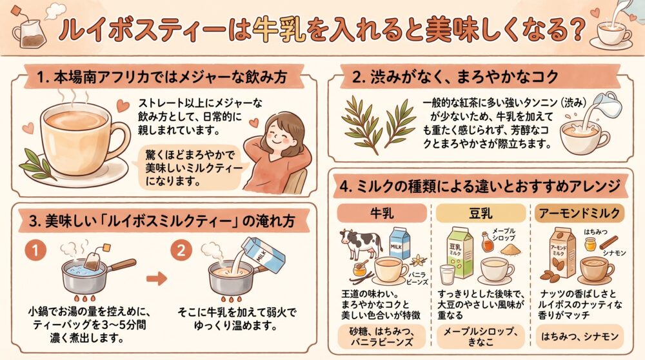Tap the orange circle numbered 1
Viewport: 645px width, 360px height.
[35, 250]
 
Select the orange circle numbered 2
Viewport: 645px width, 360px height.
[181, 250]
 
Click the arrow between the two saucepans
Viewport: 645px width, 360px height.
[157, 279]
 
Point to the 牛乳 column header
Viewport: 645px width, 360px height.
[382, 213]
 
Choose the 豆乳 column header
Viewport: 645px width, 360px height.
[481, 213]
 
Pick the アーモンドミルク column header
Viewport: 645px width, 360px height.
[579, 213]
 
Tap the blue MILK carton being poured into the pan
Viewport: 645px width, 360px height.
[263, 254]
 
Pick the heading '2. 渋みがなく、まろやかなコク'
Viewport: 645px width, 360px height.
[455, 77]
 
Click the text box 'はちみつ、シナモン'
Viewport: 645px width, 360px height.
[579, 337]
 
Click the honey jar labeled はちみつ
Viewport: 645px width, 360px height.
[590, 245]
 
